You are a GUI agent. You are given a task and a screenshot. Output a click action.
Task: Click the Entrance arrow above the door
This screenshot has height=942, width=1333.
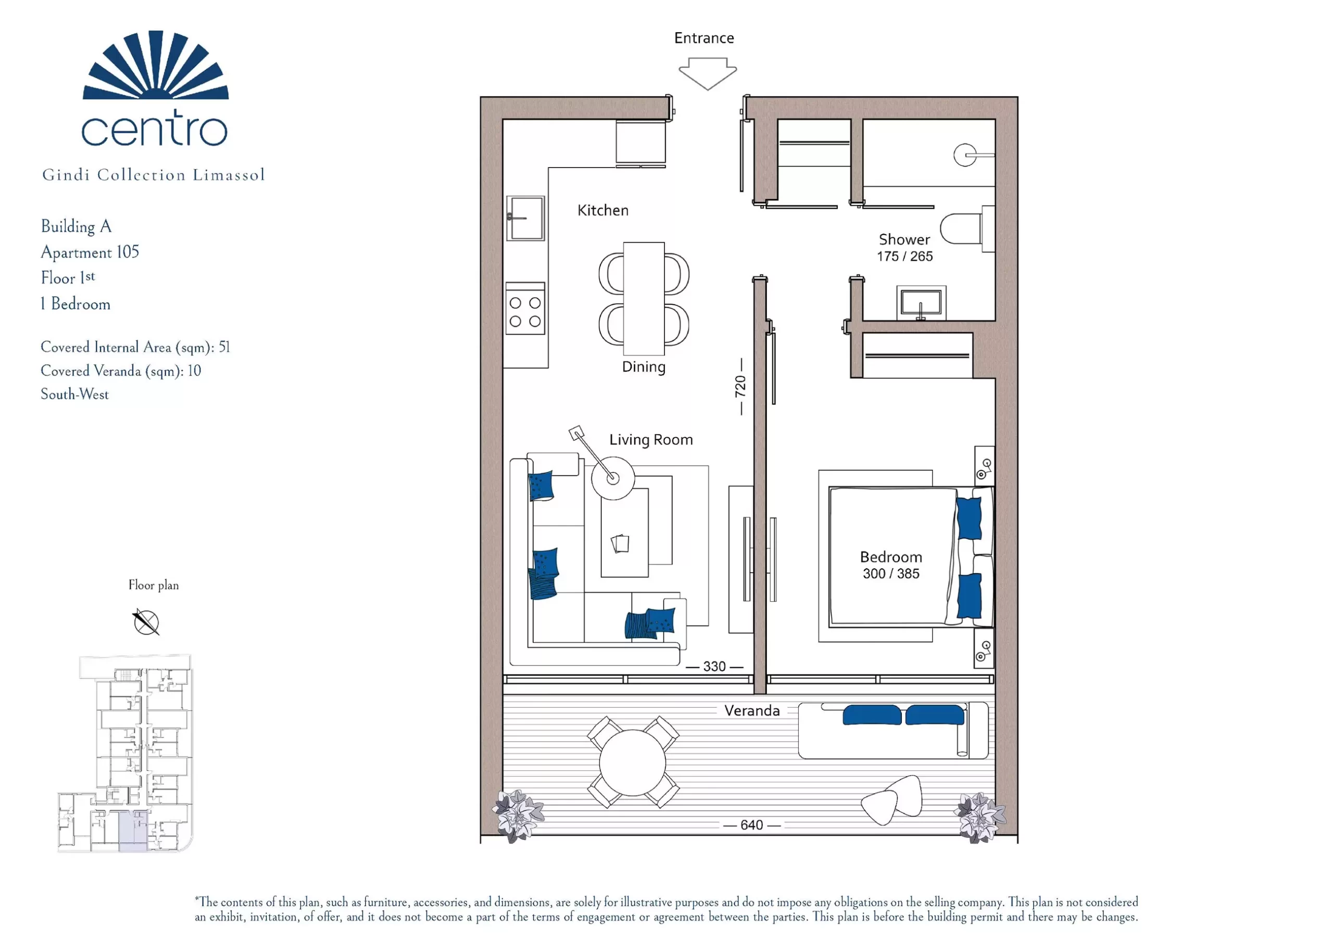(708, 73)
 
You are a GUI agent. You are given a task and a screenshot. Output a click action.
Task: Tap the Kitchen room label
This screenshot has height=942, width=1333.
(602, 210)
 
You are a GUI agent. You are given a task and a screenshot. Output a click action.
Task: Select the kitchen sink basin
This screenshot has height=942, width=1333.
(525, 218)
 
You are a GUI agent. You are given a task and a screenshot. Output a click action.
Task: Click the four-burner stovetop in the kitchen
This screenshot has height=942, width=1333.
(525, 309)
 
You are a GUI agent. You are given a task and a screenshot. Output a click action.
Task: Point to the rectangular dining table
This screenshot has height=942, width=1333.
(644, 298)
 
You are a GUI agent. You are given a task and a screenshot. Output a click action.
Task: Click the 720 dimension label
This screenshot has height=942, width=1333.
(740, 386)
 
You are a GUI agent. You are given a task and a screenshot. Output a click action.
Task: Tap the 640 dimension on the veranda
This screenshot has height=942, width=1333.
(751, 825)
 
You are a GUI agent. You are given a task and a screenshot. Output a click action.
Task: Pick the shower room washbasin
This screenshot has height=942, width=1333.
(921, 302)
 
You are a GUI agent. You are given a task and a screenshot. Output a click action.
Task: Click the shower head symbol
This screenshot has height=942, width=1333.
(965, 155)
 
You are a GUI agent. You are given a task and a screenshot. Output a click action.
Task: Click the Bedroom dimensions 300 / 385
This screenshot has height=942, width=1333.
(890, 574)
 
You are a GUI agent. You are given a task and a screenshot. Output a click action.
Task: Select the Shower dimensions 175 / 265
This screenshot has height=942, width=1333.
(904, 256)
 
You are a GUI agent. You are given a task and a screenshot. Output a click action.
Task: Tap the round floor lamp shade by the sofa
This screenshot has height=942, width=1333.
(613, 478)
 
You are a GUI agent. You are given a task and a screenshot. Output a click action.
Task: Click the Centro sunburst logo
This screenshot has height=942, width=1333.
(156, 65)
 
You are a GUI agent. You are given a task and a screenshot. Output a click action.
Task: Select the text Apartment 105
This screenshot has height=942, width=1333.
(90, 252)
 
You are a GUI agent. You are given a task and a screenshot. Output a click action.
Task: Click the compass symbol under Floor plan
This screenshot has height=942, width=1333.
(146, 622)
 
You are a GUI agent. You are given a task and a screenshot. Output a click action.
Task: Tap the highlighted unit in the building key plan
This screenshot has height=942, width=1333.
(133, 832)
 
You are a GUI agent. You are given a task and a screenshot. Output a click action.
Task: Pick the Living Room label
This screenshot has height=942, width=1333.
(651, 439)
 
